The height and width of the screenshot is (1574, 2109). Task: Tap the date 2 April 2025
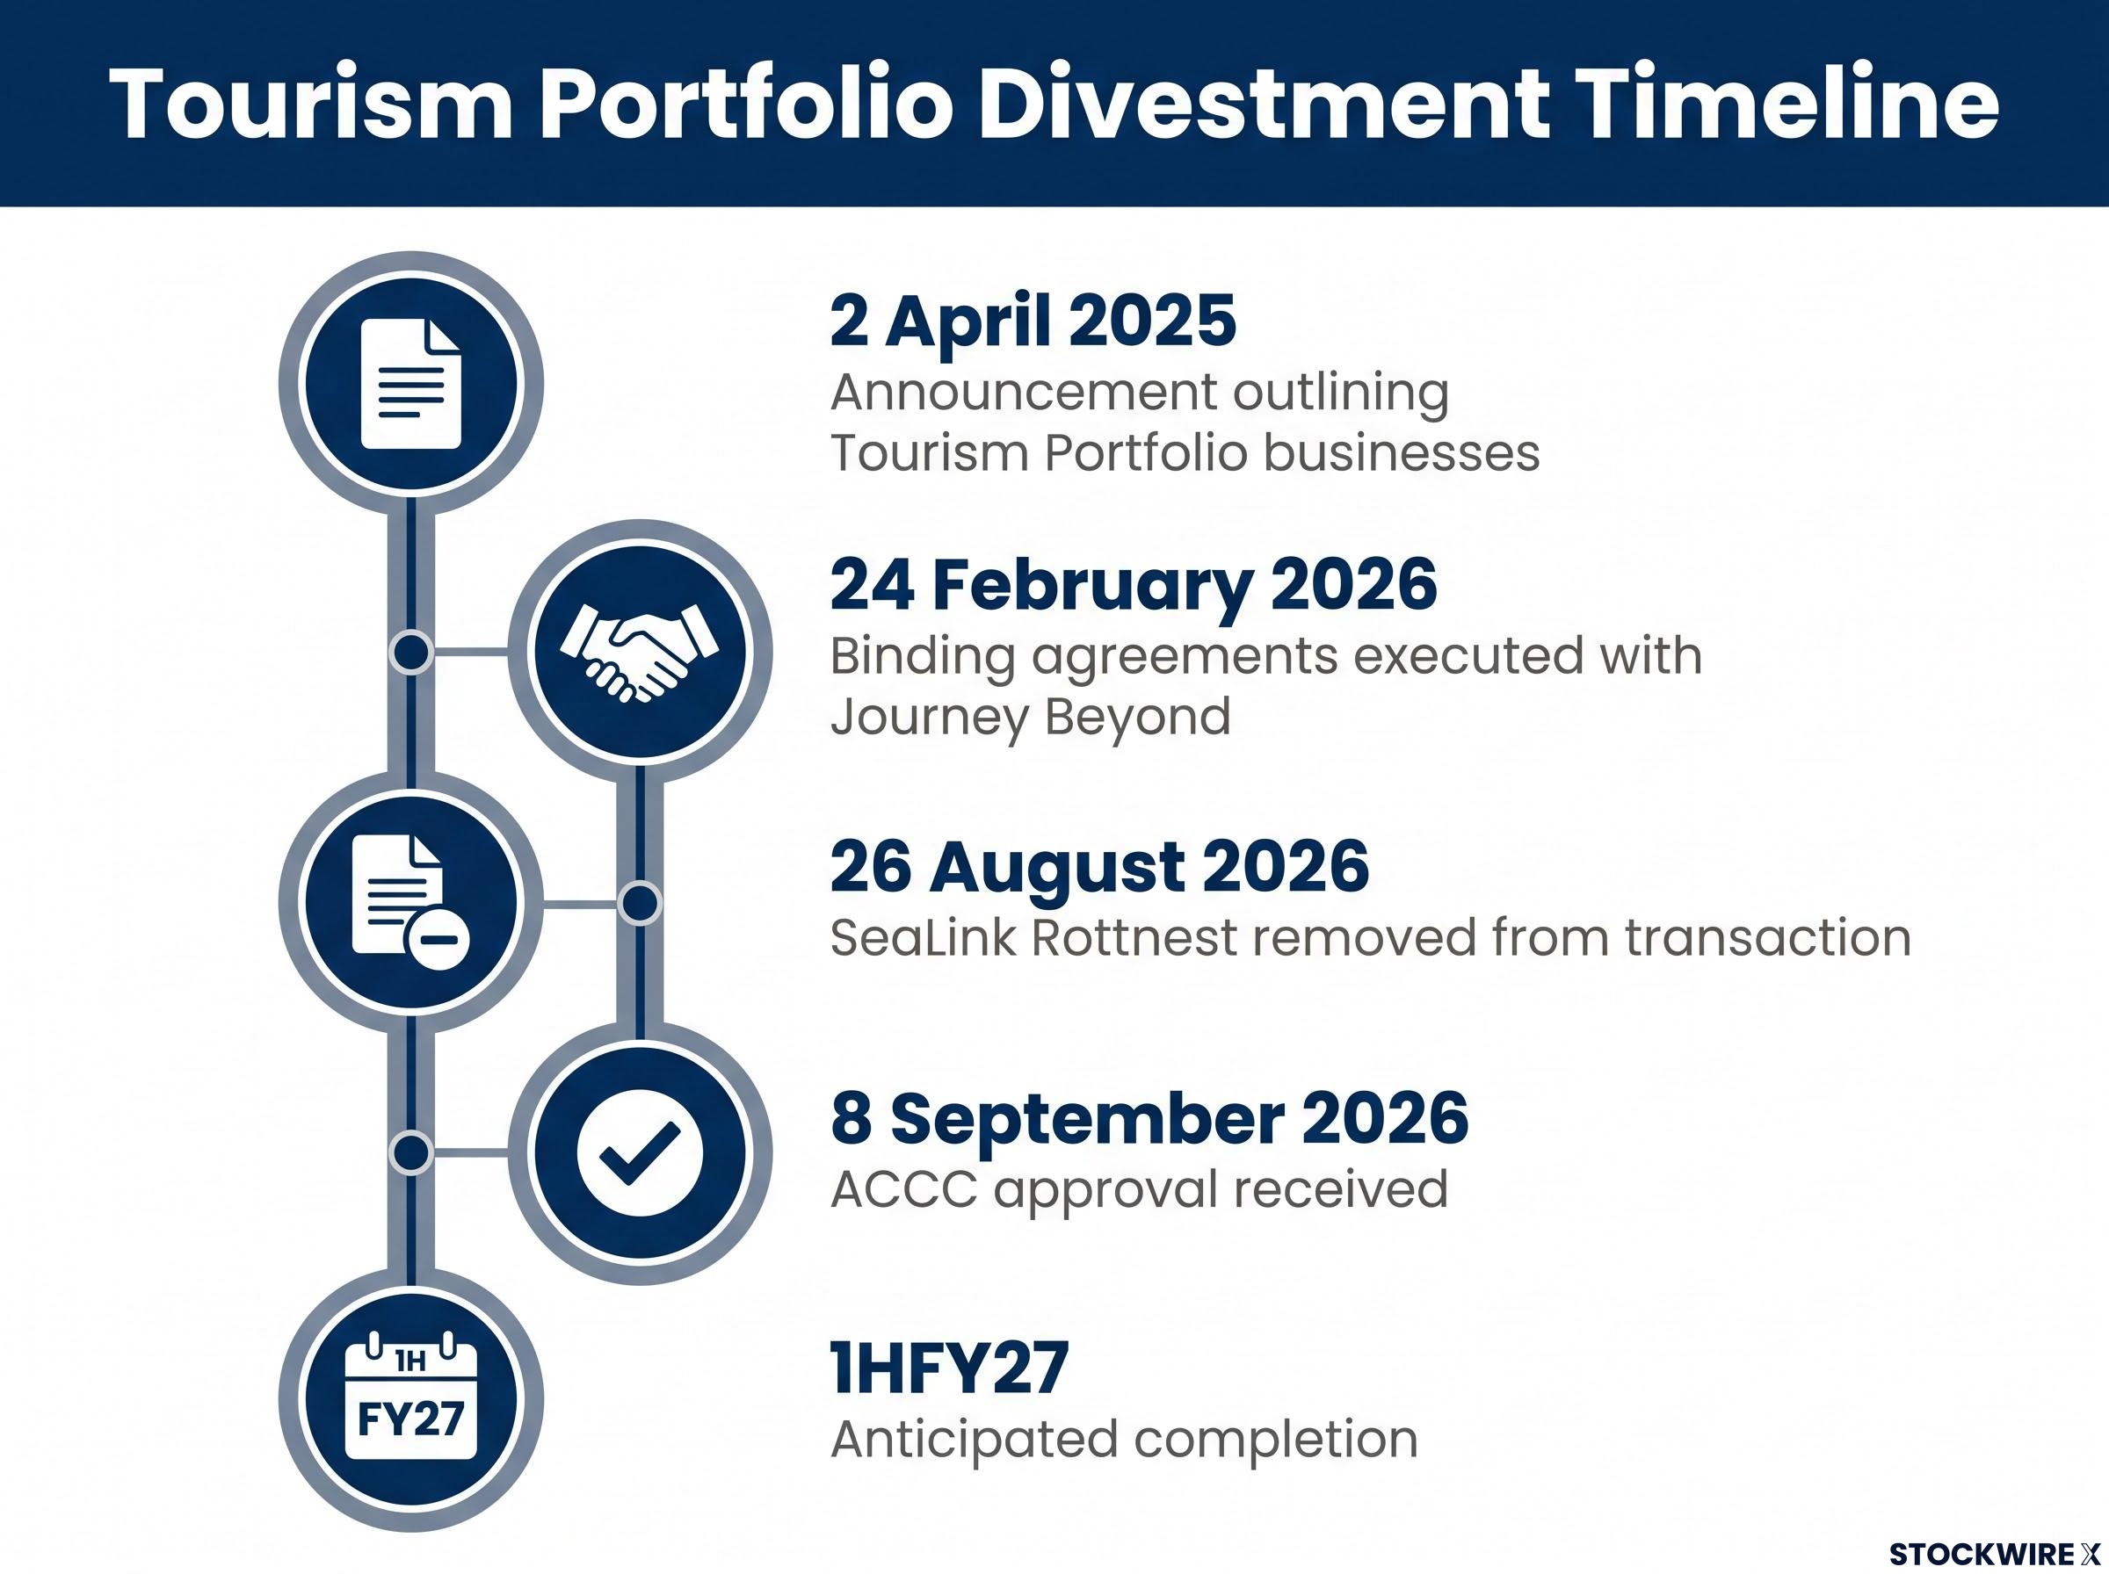pos(1033,321)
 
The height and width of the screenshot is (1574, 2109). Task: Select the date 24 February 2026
pos(1133,585)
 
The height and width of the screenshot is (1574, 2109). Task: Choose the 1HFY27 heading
pos(949,1368)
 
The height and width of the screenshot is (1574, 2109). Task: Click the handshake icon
pos(640,653)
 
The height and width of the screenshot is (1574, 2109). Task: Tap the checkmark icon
pos(640,1153)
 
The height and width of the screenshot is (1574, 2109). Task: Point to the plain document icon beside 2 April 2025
pos(410,384)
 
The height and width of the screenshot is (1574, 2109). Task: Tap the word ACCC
pos(903,1189)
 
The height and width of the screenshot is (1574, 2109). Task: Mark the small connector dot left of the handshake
pos(412,653)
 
